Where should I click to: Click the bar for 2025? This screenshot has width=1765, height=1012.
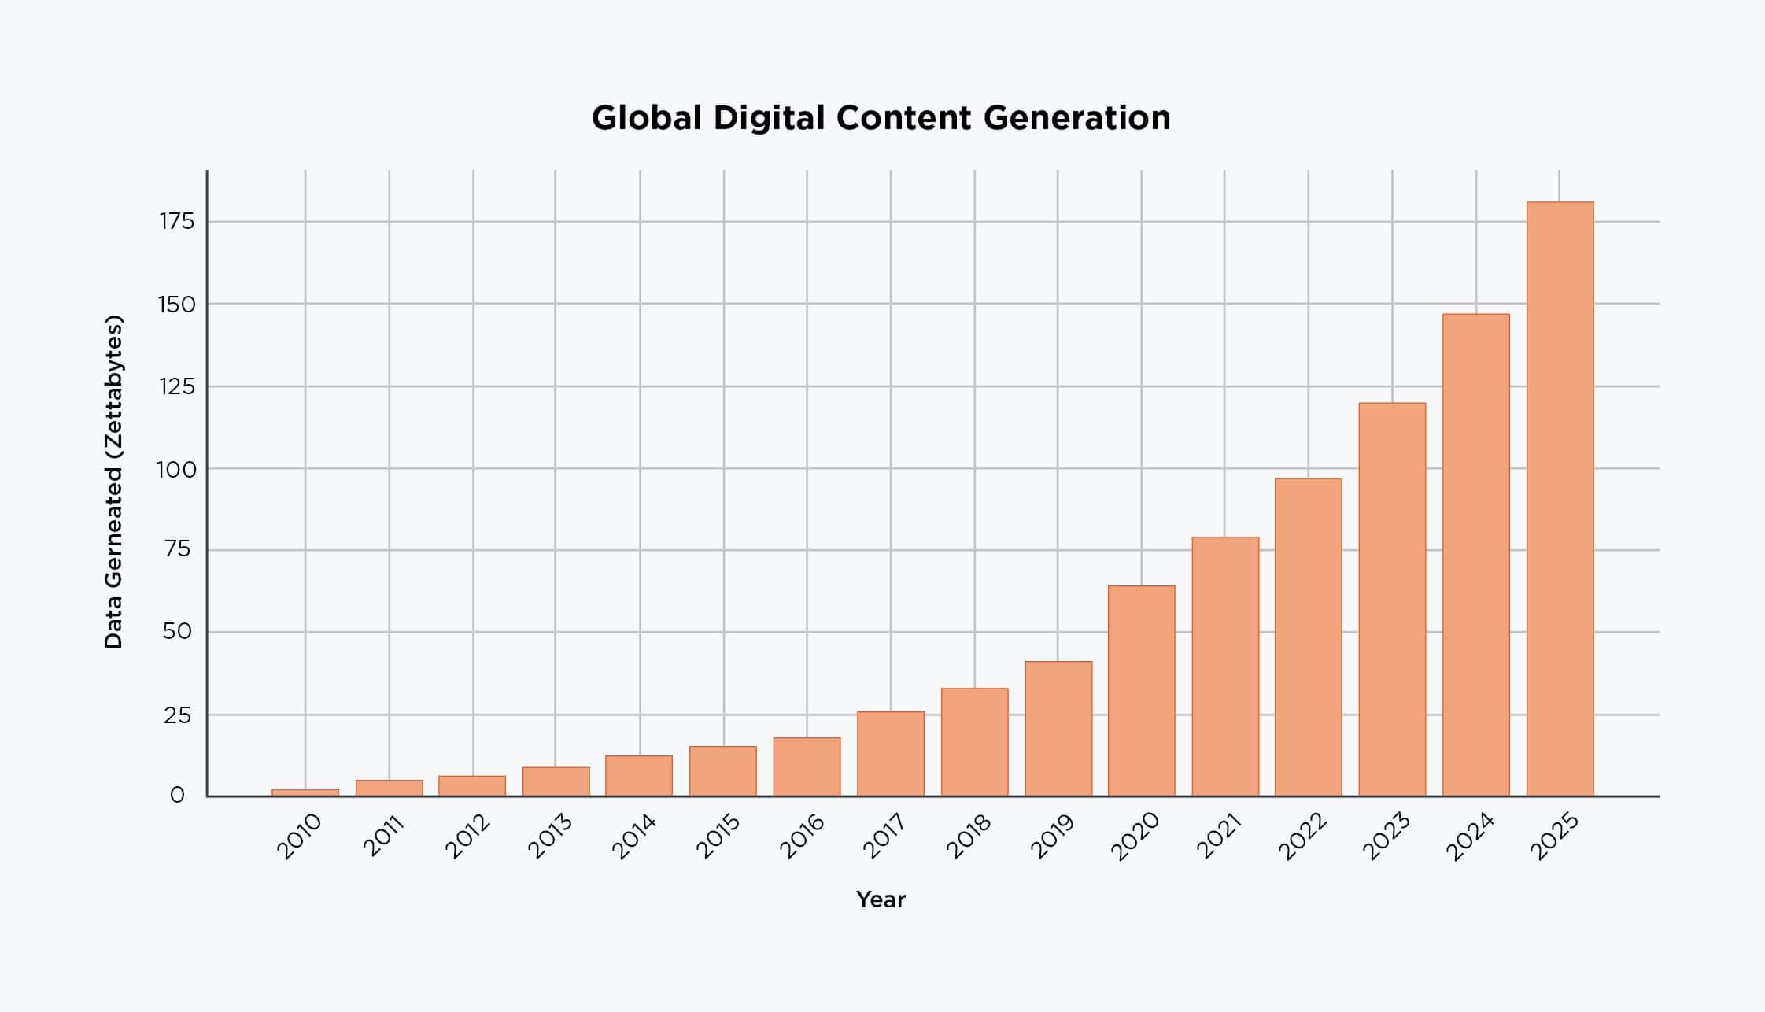(x=1560, y=499)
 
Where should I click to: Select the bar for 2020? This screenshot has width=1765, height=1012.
(x=1141, y=691)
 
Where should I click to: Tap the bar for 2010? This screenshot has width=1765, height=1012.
(x=305, y=792)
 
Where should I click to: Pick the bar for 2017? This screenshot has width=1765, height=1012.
(x=890, y=754)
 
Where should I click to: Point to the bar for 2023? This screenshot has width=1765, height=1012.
(x=1392, y=600)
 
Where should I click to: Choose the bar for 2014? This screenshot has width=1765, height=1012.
(x=639, y=776)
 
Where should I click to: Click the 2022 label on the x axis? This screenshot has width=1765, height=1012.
(x=1303, y=837)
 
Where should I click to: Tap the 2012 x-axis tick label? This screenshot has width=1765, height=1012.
(x=467, y=837)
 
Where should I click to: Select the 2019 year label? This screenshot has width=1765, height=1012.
(x=1052, y=837)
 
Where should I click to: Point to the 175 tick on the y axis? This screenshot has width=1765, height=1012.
(x=177, y=222)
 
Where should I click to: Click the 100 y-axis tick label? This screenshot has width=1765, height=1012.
(x=175, y=470)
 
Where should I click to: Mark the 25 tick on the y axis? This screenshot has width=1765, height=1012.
(x=178, y=715)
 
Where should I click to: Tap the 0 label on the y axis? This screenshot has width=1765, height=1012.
(x=178, y=796)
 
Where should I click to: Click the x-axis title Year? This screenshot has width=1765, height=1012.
(x=881, y=899)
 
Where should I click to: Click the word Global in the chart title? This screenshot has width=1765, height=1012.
(x=646, y=118)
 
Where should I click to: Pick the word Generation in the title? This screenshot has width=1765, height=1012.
(x=1076, y=118)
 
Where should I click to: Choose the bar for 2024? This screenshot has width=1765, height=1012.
(x=1475, y=555)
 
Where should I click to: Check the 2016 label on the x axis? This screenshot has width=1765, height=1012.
(x=802, y=837)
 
